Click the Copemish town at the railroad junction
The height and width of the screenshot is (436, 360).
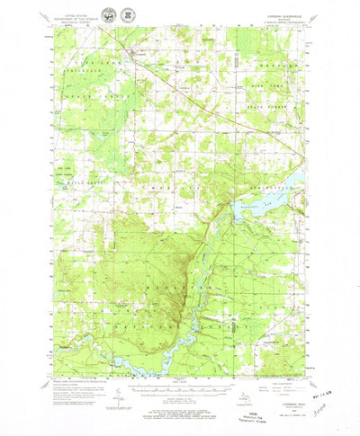(x=134, y=58)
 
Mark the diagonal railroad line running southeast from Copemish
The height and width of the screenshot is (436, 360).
(x=180, y=90)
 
